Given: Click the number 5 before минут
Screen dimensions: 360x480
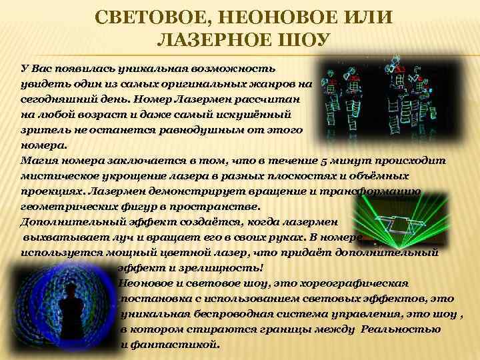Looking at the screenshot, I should [x=339, y=161].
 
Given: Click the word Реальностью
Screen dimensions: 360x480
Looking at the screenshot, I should [x=401, y=329].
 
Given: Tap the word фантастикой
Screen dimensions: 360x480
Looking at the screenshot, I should [x=175, y=345].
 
